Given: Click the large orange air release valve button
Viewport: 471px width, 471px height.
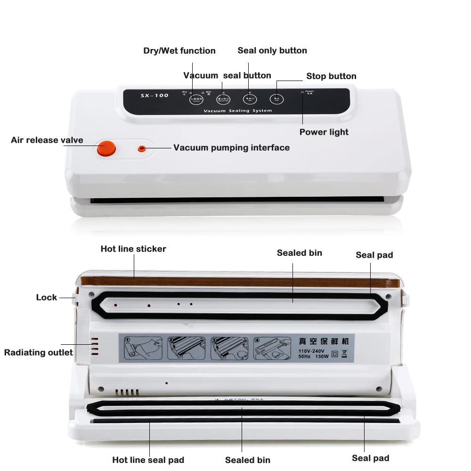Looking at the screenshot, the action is pyautogui.click(x=106, y=148).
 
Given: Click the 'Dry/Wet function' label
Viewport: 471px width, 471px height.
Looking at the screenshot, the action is pyautogui.click(x=179, y=51).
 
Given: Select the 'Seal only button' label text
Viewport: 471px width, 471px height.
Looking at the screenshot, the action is pyautogui.click(x=272, y=50).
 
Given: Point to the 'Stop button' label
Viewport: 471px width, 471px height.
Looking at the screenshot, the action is pyautogui.click(x=331, y=76).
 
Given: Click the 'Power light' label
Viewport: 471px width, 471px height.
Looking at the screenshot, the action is pyautogui.click(x=324, y=132).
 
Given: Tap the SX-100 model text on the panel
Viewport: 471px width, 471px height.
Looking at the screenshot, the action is pyautogui.click(x=154, y=96).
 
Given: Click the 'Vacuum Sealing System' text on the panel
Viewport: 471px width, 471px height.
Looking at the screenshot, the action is pyautogui.click(x=238, y=111).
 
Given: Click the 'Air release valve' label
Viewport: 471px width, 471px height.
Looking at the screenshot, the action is pyautogui.click(x=47, y=140).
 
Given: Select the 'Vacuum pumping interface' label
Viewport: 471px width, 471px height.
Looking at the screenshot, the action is pyautogui.click(x=231, y=147).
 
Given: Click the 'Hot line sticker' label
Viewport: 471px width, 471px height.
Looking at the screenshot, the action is pyautogui.click(x=133, y=249).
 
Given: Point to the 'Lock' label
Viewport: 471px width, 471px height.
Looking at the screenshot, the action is pyautogui.click(x=47, y=297).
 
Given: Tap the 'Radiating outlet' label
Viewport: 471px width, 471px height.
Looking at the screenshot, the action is pyautogui.click(x=39, y=352).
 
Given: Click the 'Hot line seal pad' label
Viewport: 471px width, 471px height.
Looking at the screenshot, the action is pyautogui.click(x=148, y=460).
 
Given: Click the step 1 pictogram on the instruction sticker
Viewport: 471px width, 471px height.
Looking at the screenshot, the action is pyautogui.click(x=139, y=349).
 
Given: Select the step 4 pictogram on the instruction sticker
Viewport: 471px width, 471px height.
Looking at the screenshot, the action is pyautogui.click(x=273, y=349).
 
